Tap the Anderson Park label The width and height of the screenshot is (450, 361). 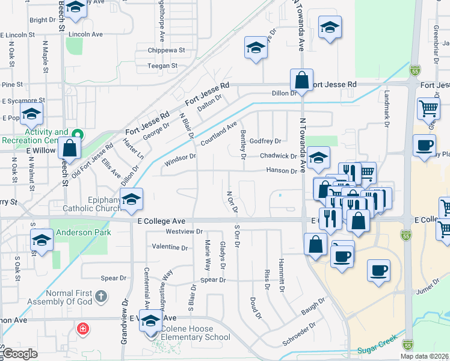tap(81, 232)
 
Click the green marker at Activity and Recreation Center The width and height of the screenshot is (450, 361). tap(76, 134)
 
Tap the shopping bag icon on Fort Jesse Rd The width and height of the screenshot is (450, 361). tap(301, 80)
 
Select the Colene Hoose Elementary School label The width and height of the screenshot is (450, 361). tap(193, 337)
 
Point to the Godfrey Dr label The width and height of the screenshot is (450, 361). tap(266, 141)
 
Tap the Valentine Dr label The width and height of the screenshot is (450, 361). tap(170, 247)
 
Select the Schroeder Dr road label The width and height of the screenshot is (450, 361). tap(298, 337)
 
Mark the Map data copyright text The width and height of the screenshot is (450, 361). tap(425, 356)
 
